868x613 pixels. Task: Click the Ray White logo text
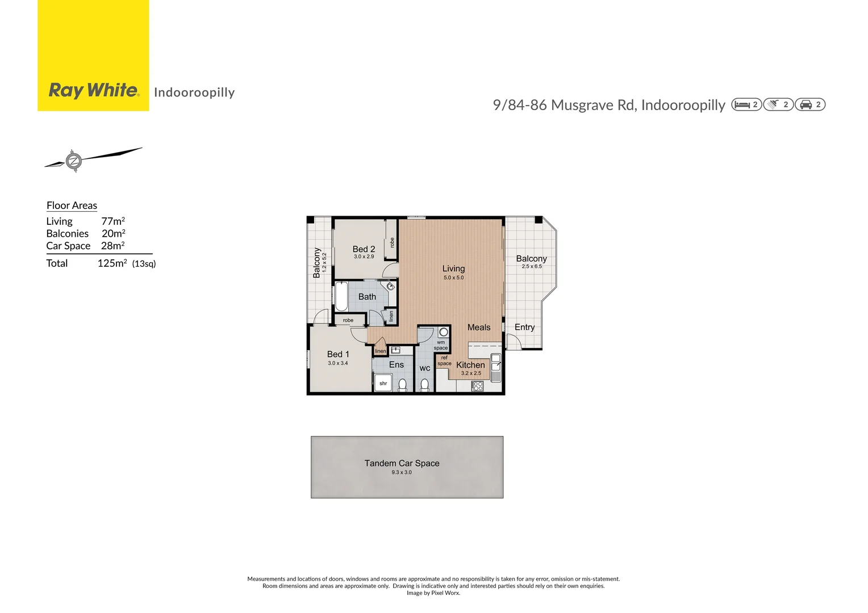click(x=94, y=90)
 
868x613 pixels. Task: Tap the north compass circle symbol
click(x=73, y=161)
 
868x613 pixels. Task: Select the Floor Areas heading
click(x=72, y=205)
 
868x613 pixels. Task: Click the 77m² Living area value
click(x=113, y=221)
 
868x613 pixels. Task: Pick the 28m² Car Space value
click(x=112, y=246)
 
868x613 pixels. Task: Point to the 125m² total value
click(x=112, y=263)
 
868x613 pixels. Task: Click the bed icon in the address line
click(x=741, y=104)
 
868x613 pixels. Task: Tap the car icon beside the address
click(x=806, y=104)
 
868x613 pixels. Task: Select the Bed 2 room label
click(x=364, y=249)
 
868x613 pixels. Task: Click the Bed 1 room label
click(x=338, y=354)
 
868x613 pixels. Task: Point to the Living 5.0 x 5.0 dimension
click(x=453, y=278)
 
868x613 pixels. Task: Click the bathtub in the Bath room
click(x=341, y=297)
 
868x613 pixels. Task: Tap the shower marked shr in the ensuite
click(x=383, y=383)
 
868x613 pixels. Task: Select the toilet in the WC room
click(x=424, y=385)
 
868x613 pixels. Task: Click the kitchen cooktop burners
click(x=477, y=386)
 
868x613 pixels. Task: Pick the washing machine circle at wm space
click(x=443, y=332)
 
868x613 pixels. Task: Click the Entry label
click(x=524, y=328)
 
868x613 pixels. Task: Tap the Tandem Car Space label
click(x=402, y=463)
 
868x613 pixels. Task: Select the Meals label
click(x=478, y=328)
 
